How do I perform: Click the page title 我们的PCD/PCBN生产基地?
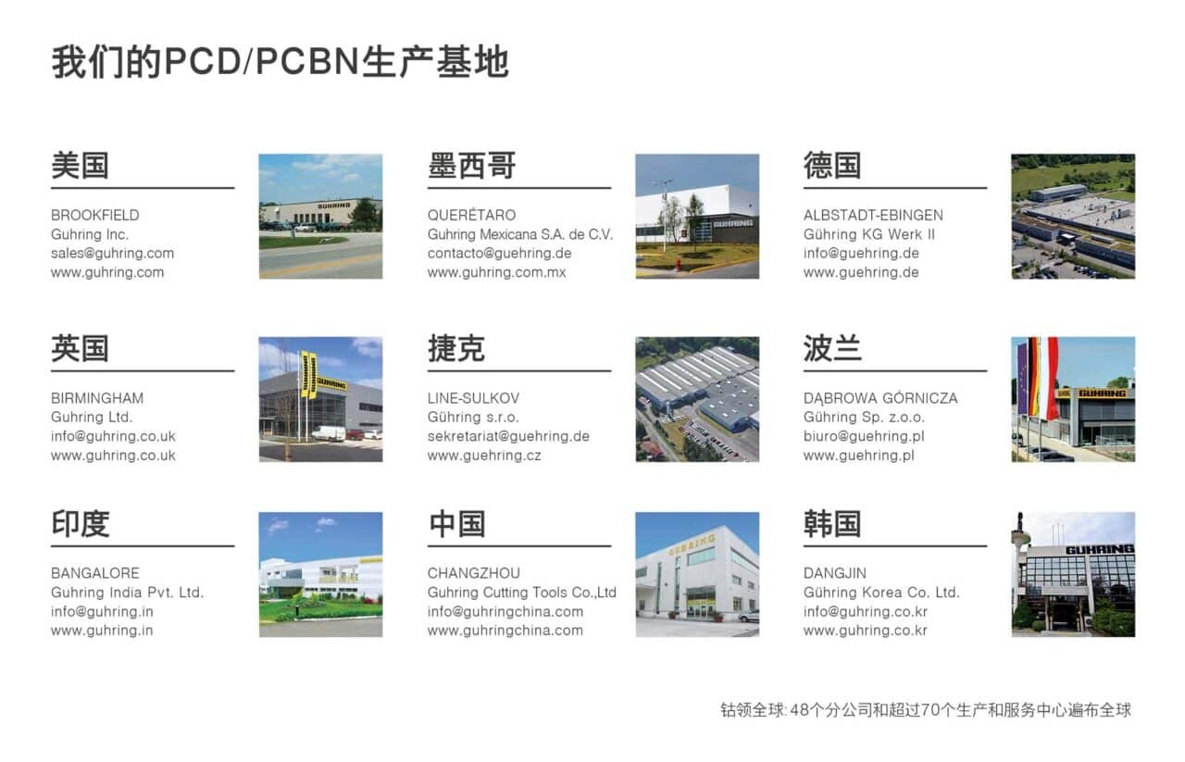(280, 62)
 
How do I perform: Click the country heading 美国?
(80, 166)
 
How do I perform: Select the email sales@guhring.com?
(112, 253)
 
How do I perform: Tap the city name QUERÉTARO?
(471, 215)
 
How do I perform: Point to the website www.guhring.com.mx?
(496, 272)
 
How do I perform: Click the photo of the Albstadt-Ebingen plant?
(1072, 216)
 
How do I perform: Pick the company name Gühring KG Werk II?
(868, 234)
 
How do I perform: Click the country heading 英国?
(80, 349)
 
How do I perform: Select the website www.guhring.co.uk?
(113, 456)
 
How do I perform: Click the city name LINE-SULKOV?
(473, 398)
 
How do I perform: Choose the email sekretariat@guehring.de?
(508, 436)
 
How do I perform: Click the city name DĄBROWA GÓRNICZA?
(880, 398)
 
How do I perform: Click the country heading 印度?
(80, 524)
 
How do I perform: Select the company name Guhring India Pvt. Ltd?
(127, 593)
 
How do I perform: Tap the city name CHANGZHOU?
(473, 573)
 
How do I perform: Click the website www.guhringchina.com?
(505, 631)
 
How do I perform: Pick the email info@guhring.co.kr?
(865, 611)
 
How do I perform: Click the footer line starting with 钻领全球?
(925, 710)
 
